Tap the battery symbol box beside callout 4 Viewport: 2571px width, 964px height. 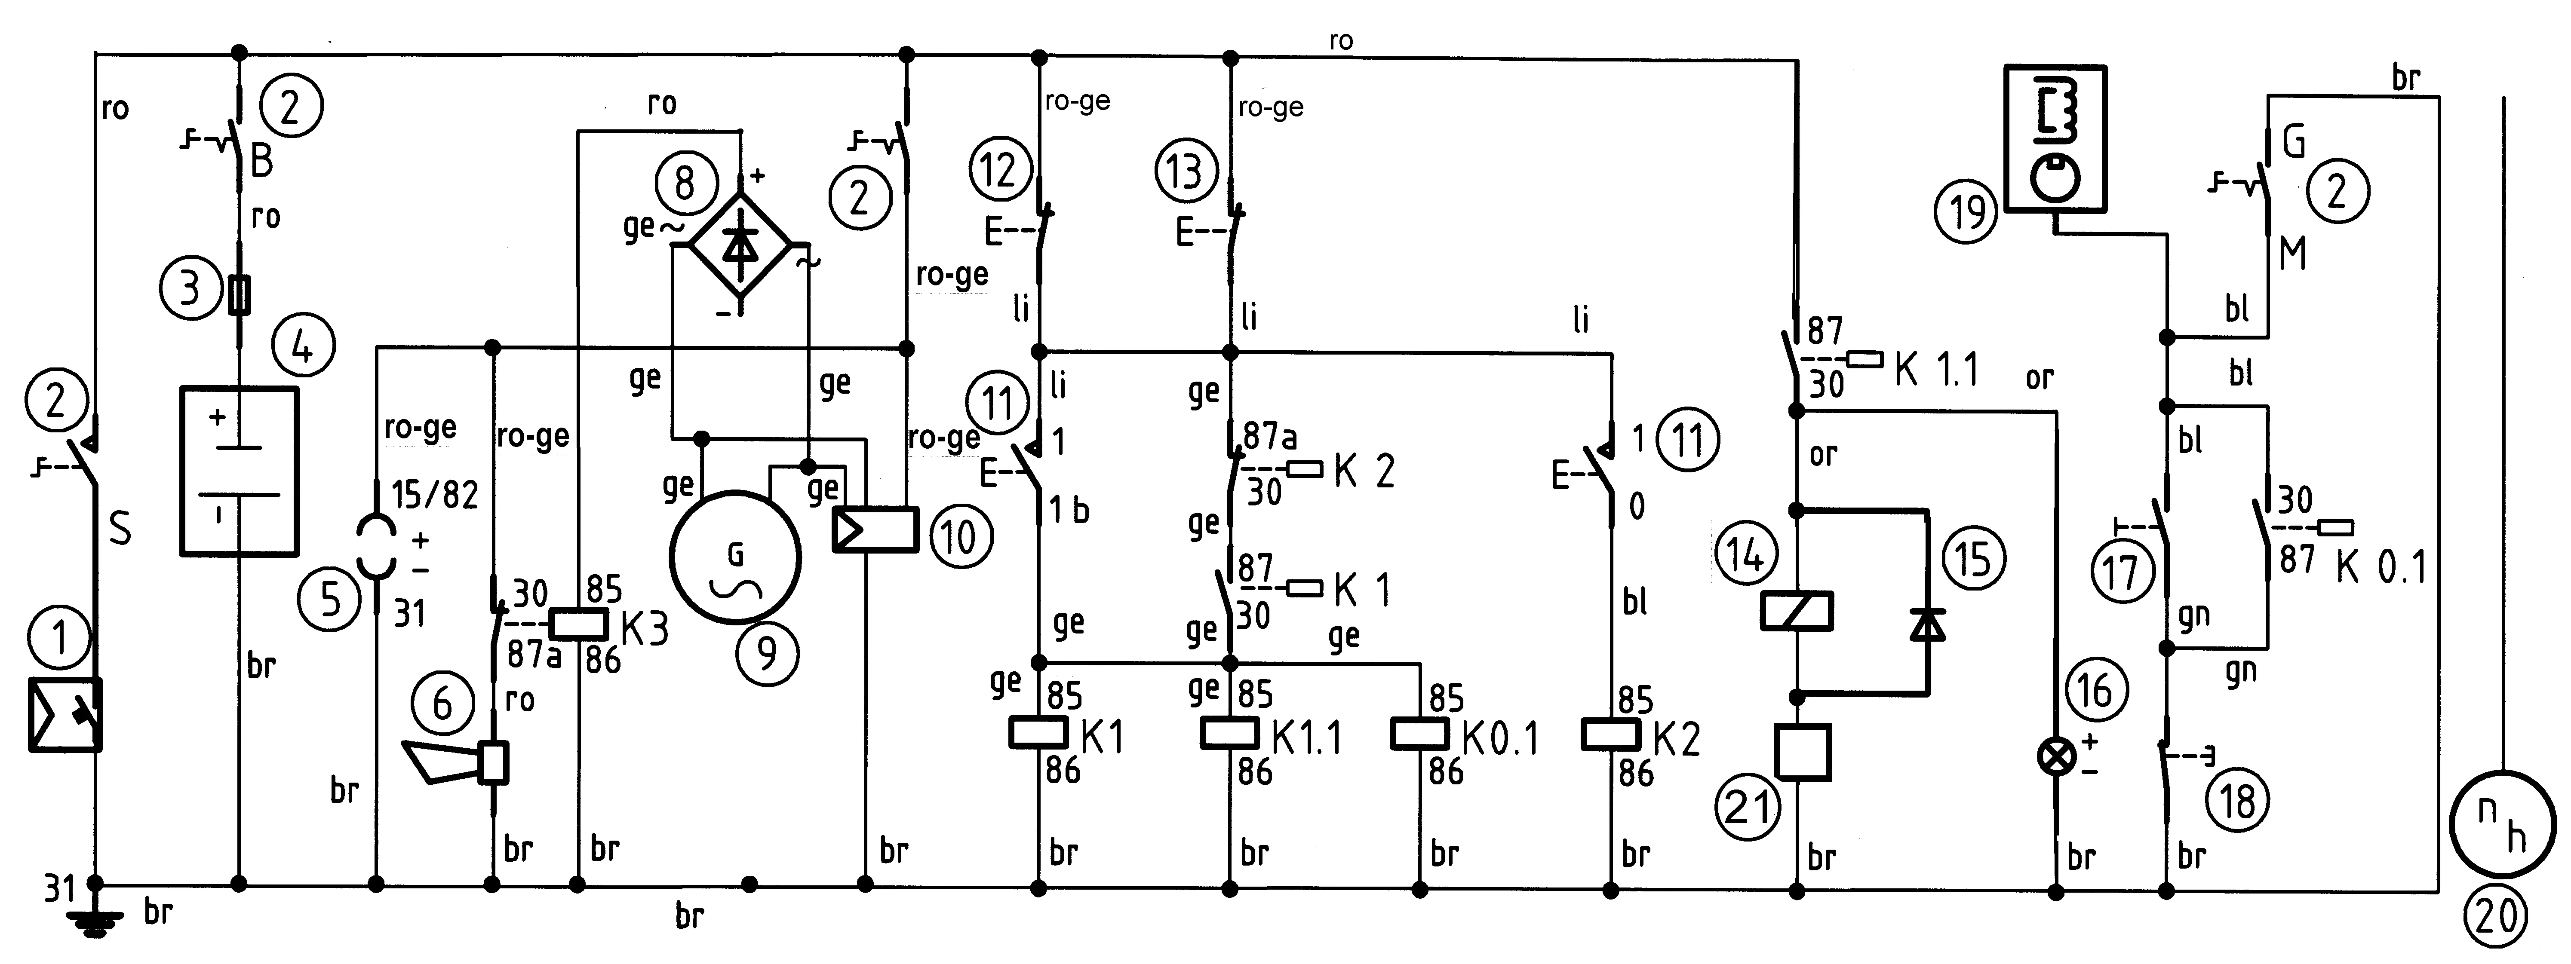[240, 470]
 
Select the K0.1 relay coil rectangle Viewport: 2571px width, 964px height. [1419, 734]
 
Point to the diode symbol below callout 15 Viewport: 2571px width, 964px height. [1926, 624]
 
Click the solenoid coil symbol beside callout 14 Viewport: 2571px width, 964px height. [1797, 611]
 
